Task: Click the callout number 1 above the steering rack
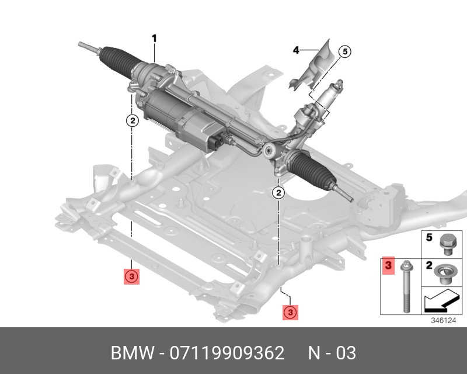tap(155, 39)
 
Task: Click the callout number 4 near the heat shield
tap(296, 51)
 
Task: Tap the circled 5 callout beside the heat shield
tap(344, 52)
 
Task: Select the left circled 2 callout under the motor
tap(133, 121)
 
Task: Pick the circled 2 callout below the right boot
tap(279, 192)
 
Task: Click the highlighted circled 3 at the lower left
tap(132, 276)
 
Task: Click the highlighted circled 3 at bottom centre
tap(291, 313)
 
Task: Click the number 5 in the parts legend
tap(429, 238)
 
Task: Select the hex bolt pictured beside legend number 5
tap(448, 243)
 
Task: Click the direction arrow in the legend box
tap(441, 302)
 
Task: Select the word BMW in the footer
tap(131, 354)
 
